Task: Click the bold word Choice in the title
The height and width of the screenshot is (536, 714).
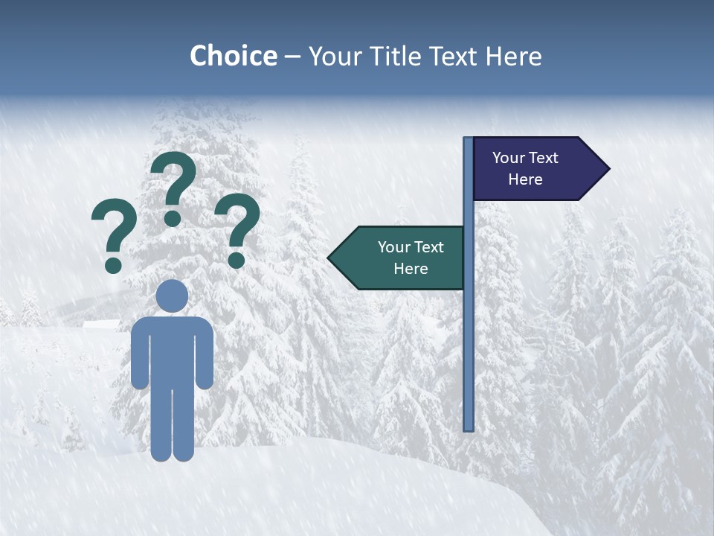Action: [x=233, y=56]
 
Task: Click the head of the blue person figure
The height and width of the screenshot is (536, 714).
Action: [x=172, y=296]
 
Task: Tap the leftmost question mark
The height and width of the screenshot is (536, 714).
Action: [x=114, y=234]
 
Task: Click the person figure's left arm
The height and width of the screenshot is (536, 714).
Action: [x=140, y=354]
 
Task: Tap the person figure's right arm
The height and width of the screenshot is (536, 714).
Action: [x=205, y=354]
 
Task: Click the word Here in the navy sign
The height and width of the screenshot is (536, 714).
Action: [x=525, y=179]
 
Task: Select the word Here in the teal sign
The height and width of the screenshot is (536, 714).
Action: [x=411, y=269]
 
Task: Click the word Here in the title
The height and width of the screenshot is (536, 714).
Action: [x=513, y=56]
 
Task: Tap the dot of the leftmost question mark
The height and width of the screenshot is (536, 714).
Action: [x=113, y=264]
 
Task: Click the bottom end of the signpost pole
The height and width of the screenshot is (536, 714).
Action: [x=469, y=427]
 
